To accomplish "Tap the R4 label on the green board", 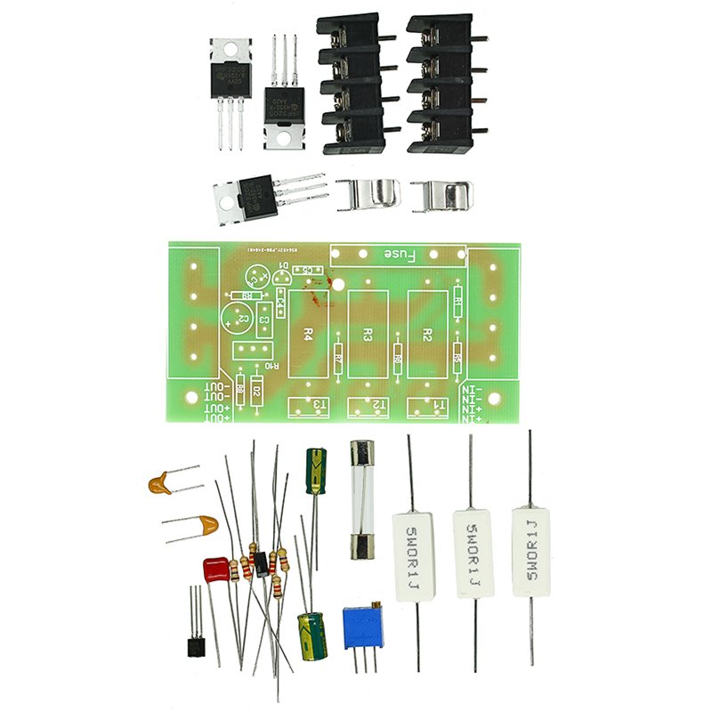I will click(308, 335).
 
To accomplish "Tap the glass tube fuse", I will click(361, 499).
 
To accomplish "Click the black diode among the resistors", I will click(261, 563).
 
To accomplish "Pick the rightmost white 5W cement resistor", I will click(530, 552).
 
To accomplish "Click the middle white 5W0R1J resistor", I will click(473, 553).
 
